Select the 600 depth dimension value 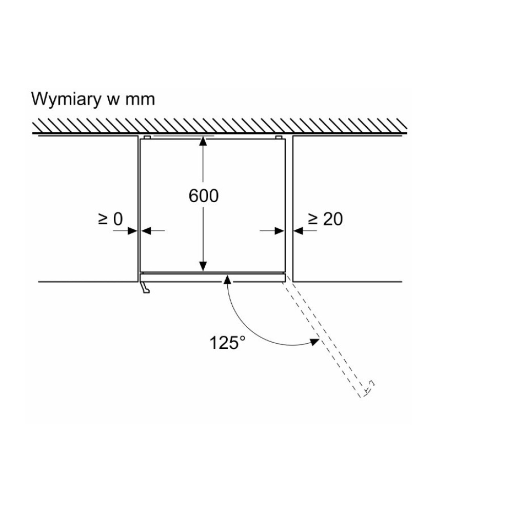[x=204, y=195]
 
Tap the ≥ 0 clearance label [x=110, y=219]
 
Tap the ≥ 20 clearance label [x=325, y=219]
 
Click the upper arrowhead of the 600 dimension [x=204, y=142]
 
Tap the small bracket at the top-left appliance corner [x=147, y=137]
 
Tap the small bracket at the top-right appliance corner [x=278, y=137]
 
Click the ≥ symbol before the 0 [x=102, y=219]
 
